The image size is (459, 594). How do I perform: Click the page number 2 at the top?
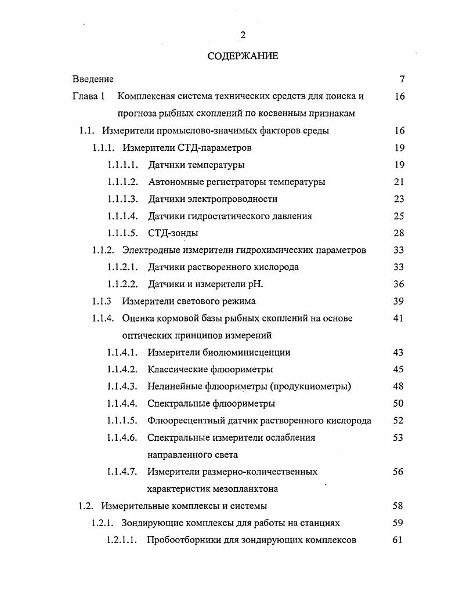(243, 35)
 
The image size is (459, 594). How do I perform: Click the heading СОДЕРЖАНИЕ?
(243, 56)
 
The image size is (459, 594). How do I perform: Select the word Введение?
(93, 79)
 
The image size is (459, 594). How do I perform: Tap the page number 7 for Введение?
(402, 79)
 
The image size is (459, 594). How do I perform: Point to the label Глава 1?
(88, 96)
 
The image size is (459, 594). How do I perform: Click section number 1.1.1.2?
(122, 182)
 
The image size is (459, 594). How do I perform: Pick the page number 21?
(399, 182)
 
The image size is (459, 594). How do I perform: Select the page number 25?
(399, 216)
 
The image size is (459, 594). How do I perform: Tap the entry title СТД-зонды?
(173, 233)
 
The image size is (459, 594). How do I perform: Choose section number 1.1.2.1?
(122, 267)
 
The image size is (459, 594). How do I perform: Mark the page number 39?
(399, 301)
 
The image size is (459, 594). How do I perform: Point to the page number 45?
(399, 369)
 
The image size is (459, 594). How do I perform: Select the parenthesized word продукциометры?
(315, 386)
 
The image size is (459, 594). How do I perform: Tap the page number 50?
(399, 403)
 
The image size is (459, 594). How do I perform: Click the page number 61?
(398, 540)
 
